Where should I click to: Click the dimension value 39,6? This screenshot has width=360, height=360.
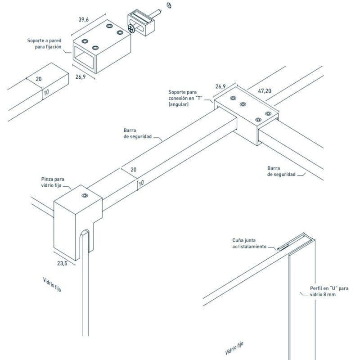pyautogui.click(x=84, y=19)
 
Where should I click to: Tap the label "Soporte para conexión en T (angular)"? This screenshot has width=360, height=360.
pyautogui.click(x=184, y=98)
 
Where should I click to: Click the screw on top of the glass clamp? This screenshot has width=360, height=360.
pyautogui.click(x=84, y=196)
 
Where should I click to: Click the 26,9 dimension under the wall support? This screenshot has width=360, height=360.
pyautogui.click(x=81, y=76)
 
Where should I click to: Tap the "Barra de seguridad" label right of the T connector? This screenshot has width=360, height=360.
pyautogui.click(x=281, y=171)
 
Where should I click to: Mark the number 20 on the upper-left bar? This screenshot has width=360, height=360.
pyautogui.click(x=39, y=79)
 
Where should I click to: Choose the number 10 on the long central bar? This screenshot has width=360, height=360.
pyautogui.click(x=141, y=183)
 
